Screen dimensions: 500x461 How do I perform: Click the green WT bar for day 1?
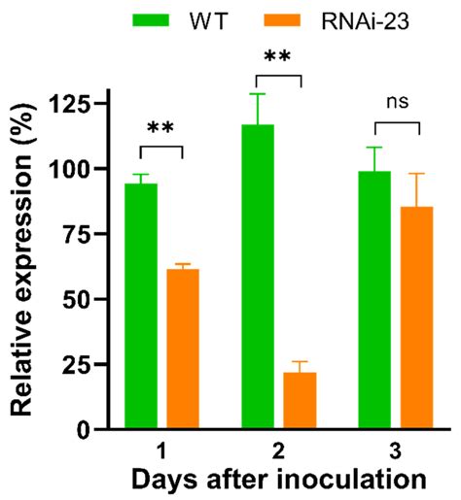(141, 306)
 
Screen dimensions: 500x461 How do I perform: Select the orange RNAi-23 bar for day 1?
(183, 349)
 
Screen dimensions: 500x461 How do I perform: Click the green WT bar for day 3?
(374, 300)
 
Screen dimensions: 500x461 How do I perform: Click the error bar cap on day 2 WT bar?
(258, 94)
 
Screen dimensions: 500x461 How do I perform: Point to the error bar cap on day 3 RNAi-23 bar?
(416, 174)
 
